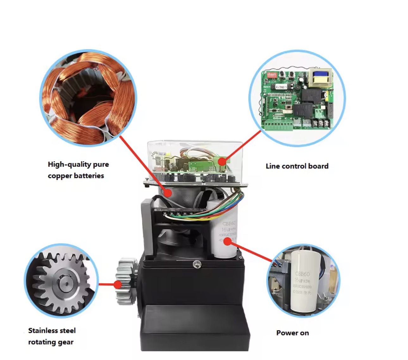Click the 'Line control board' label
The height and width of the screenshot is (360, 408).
coord(297,166)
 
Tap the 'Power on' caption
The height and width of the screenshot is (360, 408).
coord(292,333)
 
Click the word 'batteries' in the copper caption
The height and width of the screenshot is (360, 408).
coord(89,176)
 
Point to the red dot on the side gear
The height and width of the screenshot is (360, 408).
coord(118,284)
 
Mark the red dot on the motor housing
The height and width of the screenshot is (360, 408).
coord(168,192)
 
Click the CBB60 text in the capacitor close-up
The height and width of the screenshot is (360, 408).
coord(302,274)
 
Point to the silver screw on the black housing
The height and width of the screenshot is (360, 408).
coord(197,263)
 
